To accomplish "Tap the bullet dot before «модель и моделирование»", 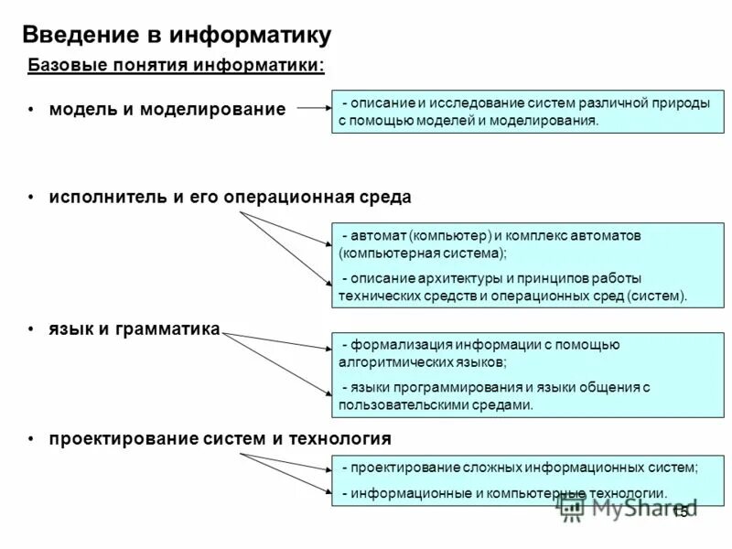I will (31, 109).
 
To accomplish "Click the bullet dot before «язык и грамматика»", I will (31, 328).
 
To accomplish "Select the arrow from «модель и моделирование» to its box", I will (311, 107).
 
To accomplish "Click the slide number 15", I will (680, 512).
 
